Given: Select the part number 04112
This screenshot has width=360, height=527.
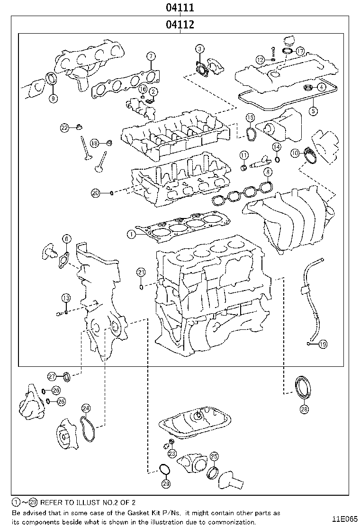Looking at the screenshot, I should [x=180, y=25].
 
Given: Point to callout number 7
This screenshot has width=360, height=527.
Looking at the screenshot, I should [x=151, y=56].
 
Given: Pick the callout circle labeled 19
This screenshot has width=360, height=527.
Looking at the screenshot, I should [x=323, y=345].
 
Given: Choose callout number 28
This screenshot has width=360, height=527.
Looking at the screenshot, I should [x=304, y=408].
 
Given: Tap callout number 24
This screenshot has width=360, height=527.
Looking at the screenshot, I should [x=86, y=408].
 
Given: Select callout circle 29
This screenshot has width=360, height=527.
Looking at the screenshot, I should [x=165, y=483].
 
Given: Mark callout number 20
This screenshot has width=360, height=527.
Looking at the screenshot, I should [x=96, y=192].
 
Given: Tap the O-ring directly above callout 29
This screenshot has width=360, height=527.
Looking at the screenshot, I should [x=164, y=469].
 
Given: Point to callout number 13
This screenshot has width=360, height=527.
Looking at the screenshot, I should [x=65, y=298].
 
